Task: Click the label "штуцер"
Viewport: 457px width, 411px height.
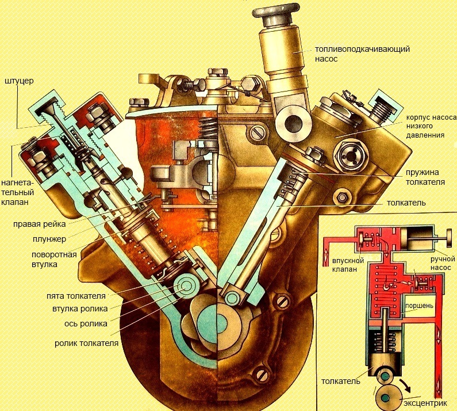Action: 19,81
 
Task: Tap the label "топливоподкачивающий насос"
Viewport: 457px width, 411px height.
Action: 362,54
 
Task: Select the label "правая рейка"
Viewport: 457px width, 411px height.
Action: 39,224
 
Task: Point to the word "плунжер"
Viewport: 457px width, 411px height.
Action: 49,239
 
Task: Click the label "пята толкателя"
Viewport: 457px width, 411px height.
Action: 76,296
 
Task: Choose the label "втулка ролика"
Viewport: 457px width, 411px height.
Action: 80,309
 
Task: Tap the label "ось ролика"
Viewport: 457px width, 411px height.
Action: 86,324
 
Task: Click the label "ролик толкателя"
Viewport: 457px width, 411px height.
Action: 87,343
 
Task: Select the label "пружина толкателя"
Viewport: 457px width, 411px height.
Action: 425,177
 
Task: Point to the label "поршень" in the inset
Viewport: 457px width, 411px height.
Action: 419,306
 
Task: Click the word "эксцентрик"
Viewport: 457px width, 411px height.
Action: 425,404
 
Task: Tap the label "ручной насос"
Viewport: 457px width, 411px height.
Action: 443,263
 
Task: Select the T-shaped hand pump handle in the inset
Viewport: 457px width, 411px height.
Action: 444,239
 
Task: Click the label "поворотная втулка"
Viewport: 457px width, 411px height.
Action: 54,259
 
